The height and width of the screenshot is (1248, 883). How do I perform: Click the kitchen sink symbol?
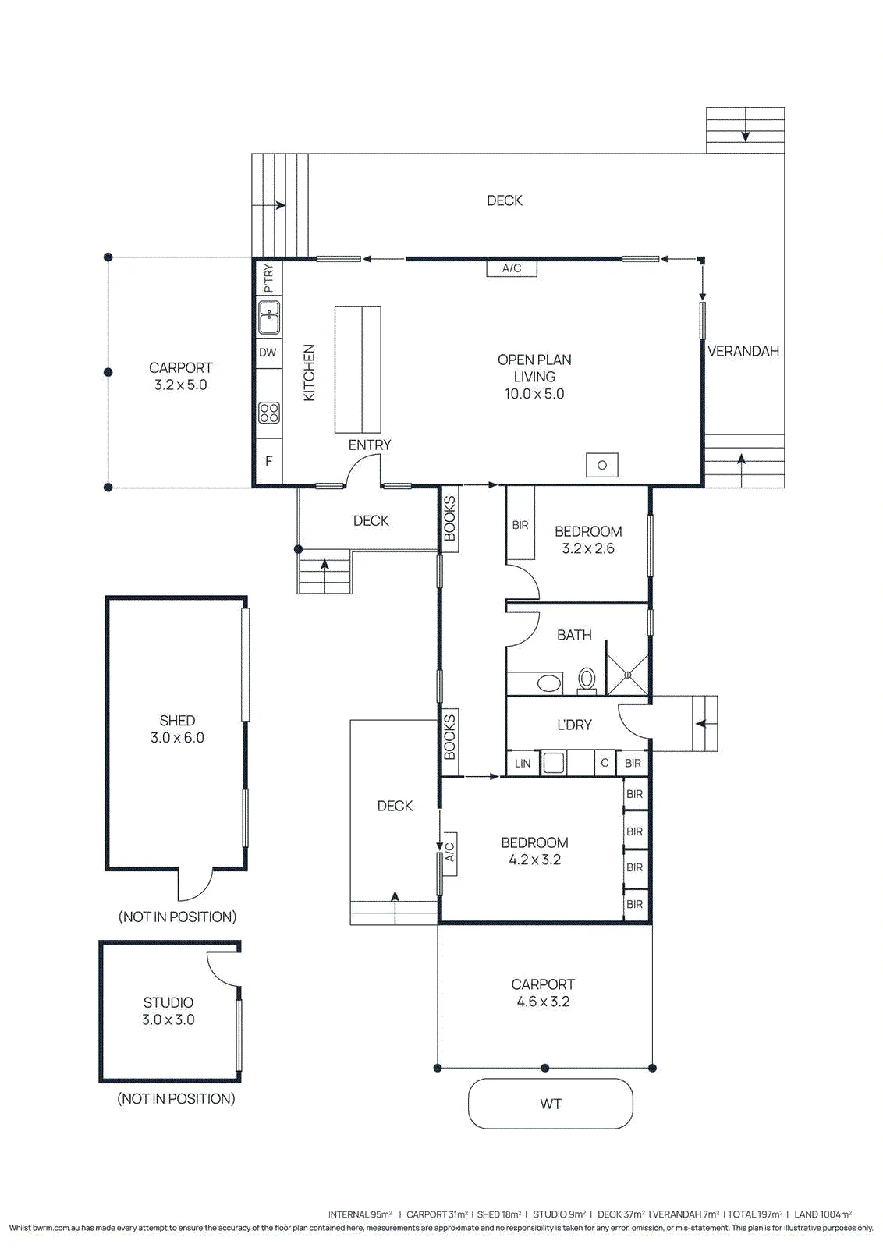tap(268, 317)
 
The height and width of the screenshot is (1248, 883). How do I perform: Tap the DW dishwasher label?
tap(268, 352)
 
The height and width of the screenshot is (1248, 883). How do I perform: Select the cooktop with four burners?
tap(269, 413)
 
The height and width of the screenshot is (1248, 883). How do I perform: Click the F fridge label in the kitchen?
tap(269, 461)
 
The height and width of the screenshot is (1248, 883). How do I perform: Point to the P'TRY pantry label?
tap(268, 278)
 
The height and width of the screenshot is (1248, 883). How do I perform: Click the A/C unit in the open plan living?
tap(512, 268)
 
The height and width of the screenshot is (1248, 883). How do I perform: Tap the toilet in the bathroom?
tap(586, 681)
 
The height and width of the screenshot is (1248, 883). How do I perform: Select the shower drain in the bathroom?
tap(627, 675)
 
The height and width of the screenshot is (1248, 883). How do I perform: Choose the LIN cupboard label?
tap(523, 764)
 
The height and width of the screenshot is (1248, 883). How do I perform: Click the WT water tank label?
tap(551, 1104)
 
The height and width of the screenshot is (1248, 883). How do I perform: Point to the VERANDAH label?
tap(743, 351)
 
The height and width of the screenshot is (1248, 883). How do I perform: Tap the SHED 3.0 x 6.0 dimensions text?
tap(177, 738)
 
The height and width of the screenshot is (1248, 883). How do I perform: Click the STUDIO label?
tap(168, 1003)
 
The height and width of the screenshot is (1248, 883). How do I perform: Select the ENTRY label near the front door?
tap(370, 445)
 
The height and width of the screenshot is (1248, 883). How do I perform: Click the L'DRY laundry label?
tap(574, 725)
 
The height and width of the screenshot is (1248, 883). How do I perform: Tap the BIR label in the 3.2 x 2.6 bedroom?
tap(520, 525)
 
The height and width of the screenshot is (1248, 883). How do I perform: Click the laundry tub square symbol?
tap(553, 764)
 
